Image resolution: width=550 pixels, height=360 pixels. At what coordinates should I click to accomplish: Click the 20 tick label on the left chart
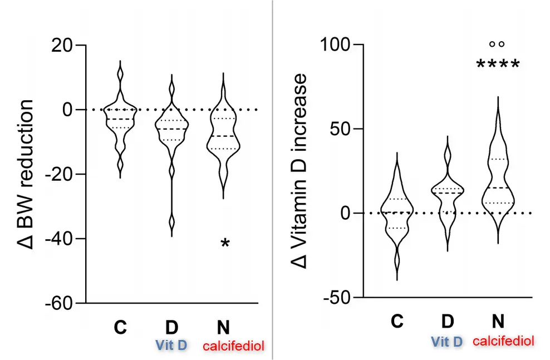click(66, 45)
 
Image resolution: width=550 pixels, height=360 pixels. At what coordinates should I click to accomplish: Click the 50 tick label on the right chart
click(344, 129)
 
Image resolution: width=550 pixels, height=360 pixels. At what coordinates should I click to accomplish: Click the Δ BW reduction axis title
click(25, 174)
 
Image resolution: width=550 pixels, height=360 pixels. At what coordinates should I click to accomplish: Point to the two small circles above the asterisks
click(497, 44)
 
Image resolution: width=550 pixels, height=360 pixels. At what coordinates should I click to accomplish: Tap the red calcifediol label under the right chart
click(503, 341)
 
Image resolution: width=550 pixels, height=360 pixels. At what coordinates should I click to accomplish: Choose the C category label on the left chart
click(120, 327)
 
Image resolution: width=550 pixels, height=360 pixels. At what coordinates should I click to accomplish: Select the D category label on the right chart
click(447, 322)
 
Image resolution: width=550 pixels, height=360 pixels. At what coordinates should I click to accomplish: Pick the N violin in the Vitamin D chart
click(498, 178)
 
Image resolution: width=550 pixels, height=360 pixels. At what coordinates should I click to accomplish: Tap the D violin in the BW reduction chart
click(171, 134)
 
